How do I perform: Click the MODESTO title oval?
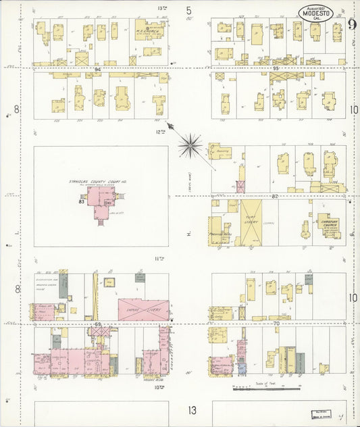coord(315,13)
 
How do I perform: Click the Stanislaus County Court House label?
coord(99,182)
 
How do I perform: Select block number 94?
coord(99,69)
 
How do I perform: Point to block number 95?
coord(275,68)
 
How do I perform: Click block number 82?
coord(275,196)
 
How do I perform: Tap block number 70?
coord(275,324)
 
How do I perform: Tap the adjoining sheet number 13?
coord(192,410)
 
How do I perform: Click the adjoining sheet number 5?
coord(189,10)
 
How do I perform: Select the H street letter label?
coord(190,234)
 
